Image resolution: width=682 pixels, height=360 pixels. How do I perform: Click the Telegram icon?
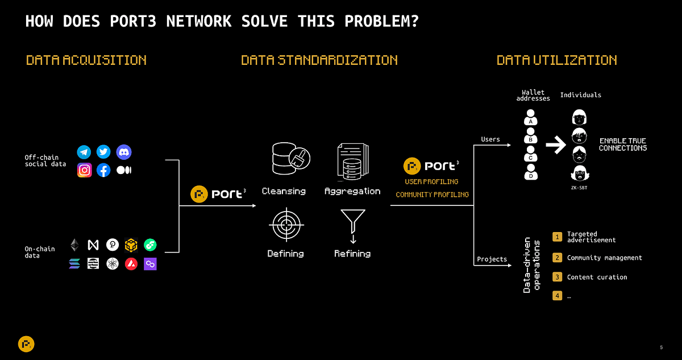pyautogui.click(x=84, y=152)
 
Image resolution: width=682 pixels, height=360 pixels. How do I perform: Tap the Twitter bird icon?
pyautogui.click(x=103, y=152)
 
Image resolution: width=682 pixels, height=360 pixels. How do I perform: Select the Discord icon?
pyautogui.click(x=124, y=152)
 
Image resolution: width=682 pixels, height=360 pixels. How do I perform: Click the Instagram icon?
pyautogui.click(x=84, y=170)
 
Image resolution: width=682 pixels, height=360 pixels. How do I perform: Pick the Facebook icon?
pyautogui.click(x=103, y=170)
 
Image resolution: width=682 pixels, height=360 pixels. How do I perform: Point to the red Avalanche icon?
pyautogui.click(x=131, y=264)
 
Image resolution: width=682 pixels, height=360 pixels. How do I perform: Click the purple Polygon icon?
pyautogui.click(x=150, y=264)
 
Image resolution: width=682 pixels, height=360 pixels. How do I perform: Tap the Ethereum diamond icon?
pyautogui.click(x=74, y=245)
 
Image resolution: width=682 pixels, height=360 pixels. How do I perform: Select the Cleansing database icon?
pyautogui.click(x=291, y=158)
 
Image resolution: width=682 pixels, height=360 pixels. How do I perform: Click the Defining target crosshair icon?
pyautogui.click(x=286, y=225)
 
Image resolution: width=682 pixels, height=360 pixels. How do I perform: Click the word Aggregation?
pyautogui.click(x=352, y=191)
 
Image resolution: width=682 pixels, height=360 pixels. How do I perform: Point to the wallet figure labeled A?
pyautogui.click(x=531, y=117)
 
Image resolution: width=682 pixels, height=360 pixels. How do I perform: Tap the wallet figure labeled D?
pyautogui.click(x=531, y=172)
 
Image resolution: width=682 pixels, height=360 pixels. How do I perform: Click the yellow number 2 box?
pyautogui.click(x=557, y=258)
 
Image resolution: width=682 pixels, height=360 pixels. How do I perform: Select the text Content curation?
pyautogui.click(x=597, y=277)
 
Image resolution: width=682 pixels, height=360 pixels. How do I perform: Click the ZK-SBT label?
pyautogui.click(x=579, y=188)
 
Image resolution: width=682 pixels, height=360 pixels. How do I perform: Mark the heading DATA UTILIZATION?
pyautogui.click(x=557, y=60)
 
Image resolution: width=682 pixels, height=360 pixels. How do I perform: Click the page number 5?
pyautogui.click(x=662, y=347)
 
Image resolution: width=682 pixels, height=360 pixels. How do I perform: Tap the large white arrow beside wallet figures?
pyautogui.click(x=556, y=144)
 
